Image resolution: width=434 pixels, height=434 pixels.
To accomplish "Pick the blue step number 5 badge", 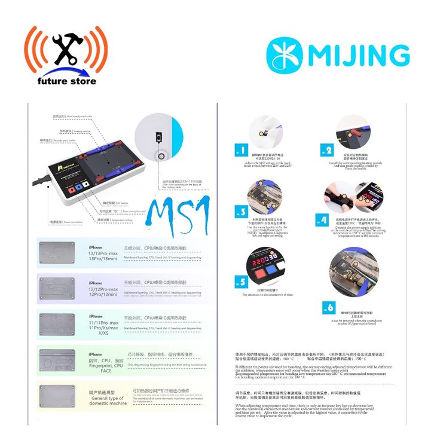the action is click(x=241, y=282).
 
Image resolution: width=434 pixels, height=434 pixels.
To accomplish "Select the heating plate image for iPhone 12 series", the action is click(x=57, y=289).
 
